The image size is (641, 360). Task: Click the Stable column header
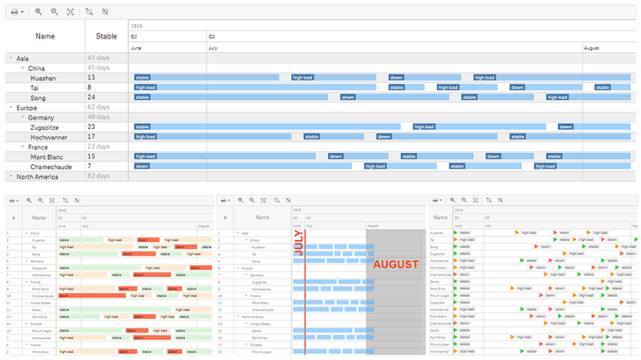pyautogui.click(x=107, y=36)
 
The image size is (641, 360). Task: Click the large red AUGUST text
pyautogui.click(x=396, y=264)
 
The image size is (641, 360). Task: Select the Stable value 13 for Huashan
pyautogui.click(x=91, y=78)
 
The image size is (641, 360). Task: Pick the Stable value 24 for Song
pyautogui.click(x=91, y=97)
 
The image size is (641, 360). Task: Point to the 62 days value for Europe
pyautogui.click(x=98, y=108)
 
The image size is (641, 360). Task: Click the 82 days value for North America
pyautogui.click(x=98, y=176)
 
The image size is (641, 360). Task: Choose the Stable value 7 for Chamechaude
pyautogui.click(x=89, y=166)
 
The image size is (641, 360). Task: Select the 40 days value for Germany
pyautogui.click(x=98, y=117)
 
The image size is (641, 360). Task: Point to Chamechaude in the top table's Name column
pyautogui.click(x=50, y=166)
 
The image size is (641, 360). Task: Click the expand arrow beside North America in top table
pyautogui.click(x=11, y=176)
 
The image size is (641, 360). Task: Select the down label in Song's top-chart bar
pyautogui.click(x=348, y=97)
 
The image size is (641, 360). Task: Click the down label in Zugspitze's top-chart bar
pyautogui.click(x=566, y=127)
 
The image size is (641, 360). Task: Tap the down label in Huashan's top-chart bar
pyautogui.click(x=397, y=78)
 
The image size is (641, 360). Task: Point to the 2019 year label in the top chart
pyautogui.click(x=137, y=27)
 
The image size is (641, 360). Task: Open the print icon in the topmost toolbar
pyautogui.click(x=15, y=12)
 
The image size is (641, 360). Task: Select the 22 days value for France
pyautogui.click(x=98, y=147)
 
